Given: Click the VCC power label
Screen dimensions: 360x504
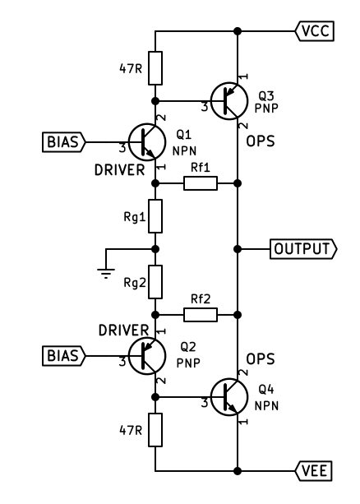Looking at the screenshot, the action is [x=315, y=31].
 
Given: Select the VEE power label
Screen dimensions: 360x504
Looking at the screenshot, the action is [x=314, y=471].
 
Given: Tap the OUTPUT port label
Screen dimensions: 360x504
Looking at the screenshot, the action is [x=303, y=249].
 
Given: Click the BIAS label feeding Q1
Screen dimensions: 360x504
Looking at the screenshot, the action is [x=64, y=141].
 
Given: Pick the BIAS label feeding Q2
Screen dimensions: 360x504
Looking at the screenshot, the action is [x=64, y=356].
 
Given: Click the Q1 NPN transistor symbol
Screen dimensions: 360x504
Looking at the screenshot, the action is [x=147, y=141].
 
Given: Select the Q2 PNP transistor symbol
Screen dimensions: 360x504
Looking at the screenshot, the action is [x=147, y=356].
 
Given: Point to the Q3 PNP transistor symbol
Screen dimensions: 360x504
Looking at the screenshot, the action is [x=229, y=101].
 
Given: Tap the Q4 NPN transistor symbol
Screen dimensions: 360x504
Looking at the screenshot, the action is [x=229, y=397].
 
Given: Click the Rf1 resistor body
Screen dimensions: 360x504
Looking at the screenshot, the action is [x=201, y=183].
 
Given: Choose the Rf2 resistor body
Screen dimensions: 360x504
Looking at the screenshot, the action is [x=201, y=315].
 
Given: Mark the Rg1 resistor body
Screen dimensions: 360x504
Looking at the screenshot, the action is [x=155, y=216].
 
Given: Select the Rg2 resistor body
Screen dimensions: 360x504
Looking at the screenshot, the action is [x=155, y=282].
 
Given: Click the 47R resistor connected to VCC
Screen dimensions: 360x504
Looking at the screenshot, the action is [x=155, y=68].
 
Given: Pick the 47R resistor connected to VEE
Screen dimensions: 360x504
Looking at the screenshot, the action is [x=155, y=430].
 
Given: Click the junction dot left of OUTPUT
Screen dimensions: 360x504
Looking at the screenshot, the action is [x=238, y=249].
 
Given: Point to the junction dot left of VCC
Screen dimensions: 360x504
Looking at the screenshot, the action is [x=238, y=31].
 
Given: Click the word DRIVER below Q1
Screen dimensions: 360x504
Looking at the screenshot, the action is [x=119, y=170].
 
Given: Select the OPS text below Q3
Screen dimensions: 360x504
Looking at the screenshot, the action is [x=261, y=141].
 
